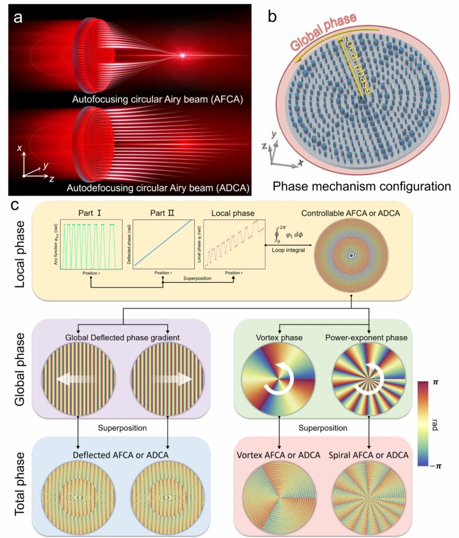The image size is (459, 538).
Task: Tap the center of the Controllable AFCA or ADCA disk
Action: coord(351,256)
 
